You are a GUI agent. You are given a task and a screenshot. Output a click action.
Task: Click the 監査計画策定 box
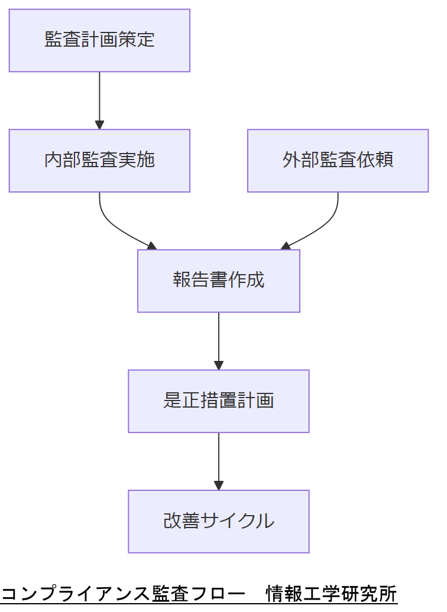pyautogui.click(x=99, y=40)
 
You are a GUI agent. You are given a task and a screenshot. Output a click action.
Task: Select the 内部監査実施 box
pyautogui.click(x=99, y=161)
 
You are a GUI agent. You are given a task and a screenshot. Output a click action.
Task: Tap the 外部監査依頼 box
pyautogui.click(x=338, y=161)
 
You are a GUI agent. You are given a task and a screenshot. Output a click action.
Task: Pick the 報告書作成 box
pyautogui.click(x=219, y=281)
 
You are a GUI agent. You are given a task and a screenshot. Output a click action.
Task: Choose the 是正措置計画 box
pyautogui.click(x=219, y=401)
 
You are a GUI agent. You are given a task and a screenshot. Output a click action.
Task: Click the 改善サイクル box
pyautogui.click(x=219, y=521)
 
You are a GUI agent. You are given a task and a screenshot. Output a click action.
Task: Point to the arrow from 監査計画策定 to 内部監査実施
pyautogui.click(x=99, y=97)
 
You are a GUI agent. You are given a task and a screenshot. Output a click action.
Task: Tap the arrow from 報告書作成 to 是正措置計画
pyautogui.click(x=219, y=340)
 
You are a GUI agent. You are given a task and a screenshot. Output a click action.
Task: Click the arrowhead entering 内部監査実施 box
pyautogui.click(x=99, y=125)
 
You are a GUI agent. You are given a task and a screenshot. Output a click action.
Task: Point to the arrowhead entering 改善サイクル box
pyautogui.click(x=219, y=486)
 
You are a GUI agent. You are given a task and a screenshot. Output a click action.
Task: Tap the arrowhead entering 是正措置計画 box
pyautogui.click(x=219, y=366)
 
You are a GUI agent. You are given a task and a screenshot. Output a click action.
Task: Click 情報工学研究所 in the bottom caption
pyautogui.click(x=331, y=593)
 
